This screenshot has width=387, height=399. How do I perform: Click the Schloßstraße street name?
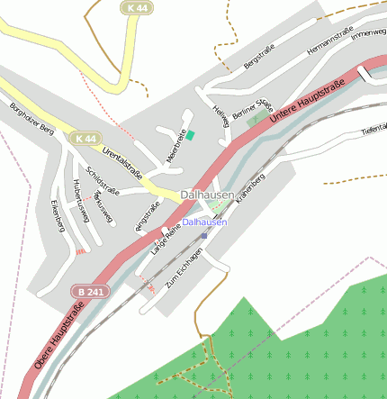click(103, 179)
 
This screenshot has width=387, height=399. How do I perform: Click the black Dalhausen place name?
click(207, 195)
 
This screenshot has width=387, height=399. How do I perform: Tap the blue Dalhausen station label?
click(204, 222)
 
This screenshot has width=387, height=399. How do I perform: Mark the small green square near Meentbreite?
click(190, 135)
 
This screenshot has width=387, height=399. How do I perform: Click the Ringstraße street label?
click(147, 218)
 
